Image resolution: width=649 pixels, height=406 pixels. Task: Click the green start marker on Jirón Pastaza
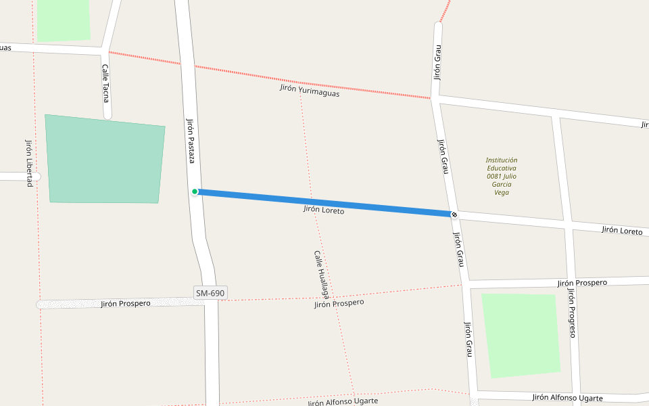coord(195,191)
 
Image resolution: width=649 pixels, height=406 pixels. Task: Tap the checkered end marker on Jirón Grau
coord(454,215)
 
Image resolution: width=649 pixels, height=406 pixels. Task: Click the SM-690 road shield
coord(210,293)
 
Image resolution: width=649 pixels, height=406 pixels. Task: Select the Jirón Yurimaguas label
coord(310,91)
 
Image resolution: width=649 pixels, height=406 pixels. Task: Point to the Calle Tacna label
coord(105,83)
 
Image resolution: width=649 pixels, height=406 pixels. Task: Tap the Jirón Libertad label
coord(29,163)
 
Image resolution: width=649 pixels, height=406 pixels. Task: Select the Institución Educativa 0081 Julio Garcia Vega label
coord(502,176)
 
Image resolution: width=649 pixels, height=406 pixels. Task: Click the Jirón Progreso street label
coord(571,313)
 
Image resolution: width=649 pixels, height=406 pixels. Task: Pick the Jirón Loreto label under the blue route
coord(324,210)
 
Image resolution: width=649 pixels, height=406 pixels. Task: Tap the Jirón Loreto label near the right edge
coord(622,231)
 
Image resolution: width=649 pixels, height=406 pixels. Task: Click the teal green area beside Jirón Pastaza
coord(105,160)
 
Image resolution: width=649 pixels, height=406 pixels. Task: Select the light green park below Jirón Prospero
coord(521,335)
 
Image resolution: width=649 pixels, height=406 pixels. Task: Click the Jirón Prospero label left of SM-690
coord(126,303)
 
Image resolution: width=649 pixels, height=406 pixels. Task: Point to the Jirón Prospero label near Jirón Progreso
coord(582,282)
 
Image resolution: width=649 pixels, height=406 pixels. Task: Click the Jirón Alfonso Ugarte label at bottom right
coord(567,398)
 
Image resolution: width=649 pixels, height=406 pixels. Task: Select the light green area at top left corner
coord(64,19)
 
